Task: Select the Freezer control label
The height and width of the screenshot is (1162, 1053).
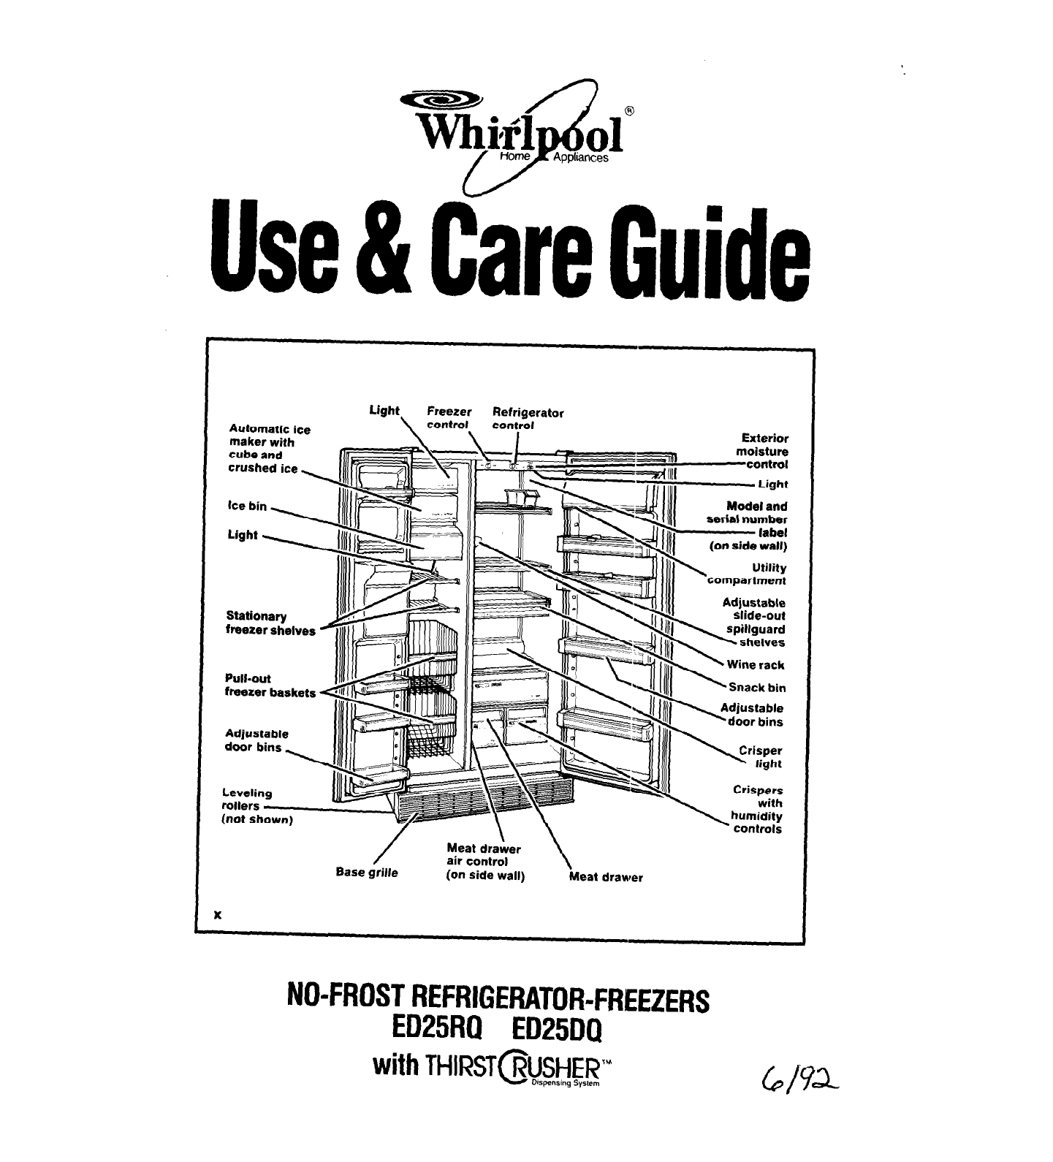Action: [x=449, y=418]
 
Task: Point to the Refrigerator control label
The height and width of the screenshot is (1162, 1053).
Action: [x=528, y=418]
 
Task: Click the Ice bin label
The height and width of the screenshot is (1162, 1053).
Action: [x=248, y=506]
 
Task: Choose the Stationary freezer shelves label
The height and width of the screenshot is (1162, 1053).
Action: [x=270, y=623]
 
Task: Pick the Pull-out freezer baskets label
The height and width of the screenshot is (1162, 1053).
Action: [x=270, y=686]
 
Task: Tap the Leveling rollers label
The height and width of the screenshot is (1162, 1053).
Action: [x=256, y=805]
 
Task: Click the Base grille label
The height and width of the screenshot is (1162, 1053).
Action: [x=367, y=872]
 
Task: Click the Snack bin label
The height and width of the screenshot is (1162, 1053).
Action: [x=756, y=688]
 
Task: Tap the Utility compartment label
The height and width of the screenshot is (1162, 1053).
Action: [x=746, y=574]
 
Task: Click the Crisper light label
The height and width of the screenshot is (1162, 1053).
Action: [x=760, y=757]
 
